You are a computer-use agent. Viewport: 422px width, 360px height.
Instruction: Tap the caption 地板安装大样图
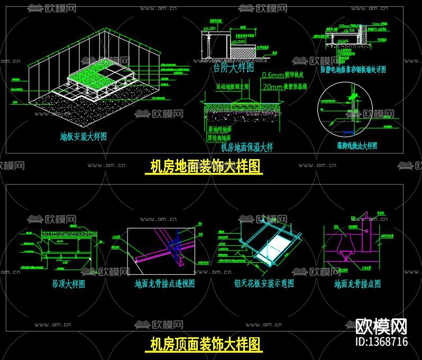click(x=83, y=136)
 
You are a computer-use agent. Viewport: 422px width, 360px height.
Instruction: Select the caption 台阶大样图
click(x=233, y=68)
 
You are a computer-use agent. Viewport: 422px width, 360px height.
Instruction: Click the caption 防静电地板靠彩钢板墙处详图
click(x=353, y=69)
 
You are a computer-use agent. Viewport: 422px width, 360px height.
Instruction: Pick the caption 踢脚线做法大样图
click(x=357, y=146)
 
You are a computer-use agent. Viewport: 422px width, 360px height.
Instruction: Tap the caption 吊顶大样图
click(x=68, y=284)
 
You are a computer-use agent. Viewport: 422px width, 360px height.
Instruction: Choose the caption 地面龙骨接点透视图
click(x=164, y=284)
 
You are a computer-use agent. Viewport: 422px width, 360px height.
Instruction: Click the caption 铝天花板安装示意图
click(x=264, y=284)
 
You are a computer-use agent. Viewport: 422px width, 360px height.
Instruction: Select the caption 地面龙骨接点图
click(x=357, y=284)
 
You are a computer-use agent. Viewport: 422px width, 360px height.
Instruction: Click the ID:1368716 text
click(x=381, y=341)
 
